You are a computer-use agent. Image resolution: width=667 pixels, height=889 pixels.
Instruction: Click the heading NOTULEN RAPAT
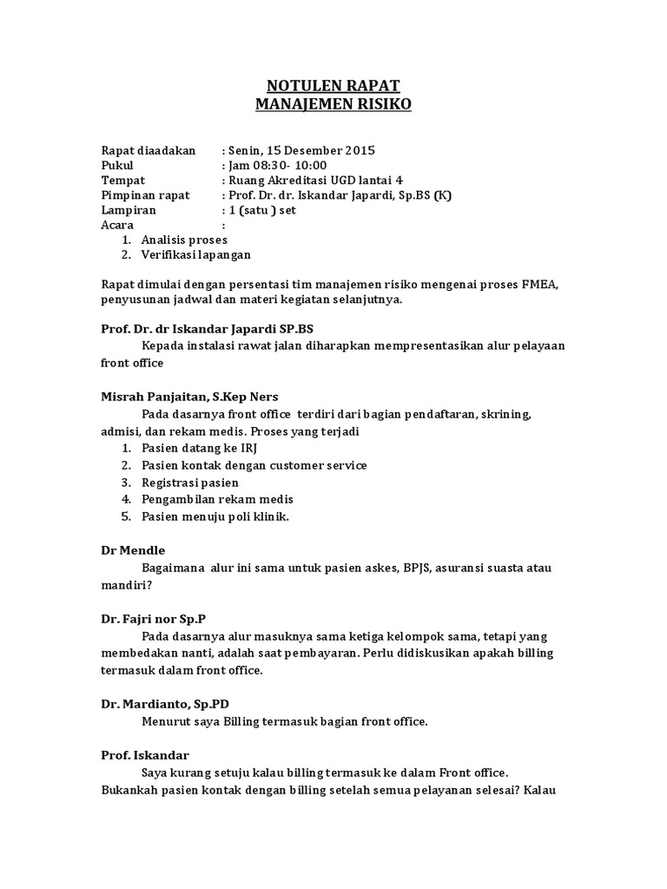[333, 85]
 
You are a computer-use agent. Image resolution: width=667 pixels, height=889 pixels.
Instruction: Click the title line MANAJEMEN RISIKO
[333, 105]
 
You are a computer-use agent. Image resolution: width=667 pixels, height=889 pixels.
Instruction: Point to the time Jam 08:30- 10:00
[277, 165]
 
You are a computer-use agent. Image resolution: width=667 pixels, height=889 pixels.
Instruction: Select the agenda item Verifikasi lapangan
[196, 254]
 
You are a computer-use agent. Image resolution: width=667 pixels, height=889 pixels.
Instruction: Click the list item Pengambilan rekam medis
[217, 499]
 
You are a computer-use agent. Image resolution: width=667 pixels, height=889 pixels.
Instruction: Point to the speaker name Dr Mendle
[133, 550]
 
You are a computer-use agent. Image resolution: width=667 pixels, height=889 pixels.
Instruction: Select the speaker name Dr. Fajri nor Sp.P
[149, 619]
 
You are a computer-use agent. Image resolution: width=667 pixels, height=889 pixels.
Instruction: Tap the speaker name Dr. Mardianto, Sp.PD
[165, 703]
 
